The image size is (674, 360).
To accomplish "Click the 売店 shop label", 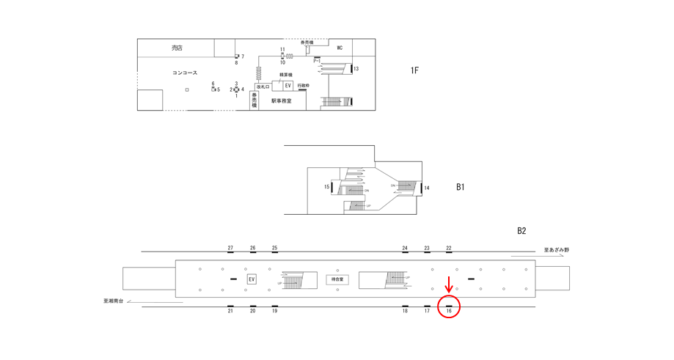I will [x=177, y=48].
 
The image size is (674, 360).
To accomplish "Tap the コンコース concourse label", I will [x=185, y=73].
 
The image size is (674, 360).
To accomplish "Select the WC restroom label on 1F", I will [x=340, y=48].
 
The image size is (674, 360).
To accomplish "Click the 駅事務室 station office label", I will [x=281, y=101].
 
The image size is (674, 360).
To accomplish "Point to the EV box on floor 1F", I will [x=287, y=86].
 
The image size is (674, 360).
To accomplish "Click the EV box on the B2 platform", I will [x=252, y=279].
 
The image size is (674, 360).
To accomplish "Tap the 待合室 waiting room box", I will [x=337, y=279].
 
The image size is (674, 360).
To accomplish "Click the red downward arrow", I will [x=449, y=284].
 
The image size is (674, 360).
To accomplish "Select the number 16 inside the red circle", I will [x=449, y=312].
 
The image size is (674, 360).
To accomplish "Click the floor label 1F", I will [x=414, y=70].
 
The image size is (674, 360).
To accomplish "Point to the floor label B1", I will [x=460, y=187].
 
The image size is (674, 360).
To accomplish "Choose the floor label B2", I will [x=521, y=231].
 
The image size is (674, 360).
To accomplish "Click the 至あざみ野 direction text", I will [x=557, y=250].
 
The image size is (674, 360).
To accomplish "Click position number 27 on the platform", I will [x=230, y=249].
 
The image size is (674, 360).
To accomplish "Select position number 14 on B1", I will [x=427, y=188].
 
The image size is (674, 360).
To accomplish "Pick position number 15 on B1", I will [x=327, y=187].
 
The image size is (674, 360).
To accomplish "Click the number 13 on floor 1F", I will [x=356, y=69].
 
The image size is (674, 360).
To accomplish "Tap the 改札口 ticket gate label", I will [x=263, y=87].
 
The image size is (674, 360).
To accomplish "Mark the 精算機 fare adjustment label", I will [x=286, y=75].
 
